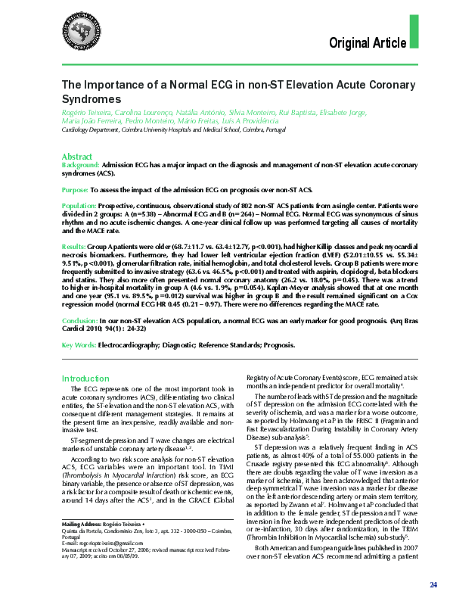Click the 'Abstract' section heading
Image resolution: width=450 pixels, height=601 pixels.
point(76,154)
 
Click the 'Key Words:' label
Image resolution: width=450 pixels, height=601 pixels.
point(77,344)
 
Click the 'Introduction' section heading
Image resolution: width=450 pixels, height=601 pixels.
point(85,378)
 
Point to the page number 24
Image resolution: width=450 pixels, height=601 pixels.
point(433,585)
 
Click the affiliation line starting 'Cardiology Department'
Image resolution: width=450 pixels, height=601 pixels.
point(173,130)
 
